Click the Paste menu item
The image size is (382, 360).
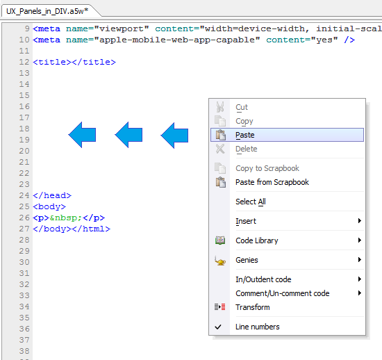click(x=245, y=135)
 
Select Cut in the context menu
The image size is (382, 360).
click(x=242, y=107)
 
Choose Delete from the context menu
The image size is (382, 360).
click(x=247, y=149)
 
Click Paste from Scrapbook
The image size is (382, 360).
click(x=272, y=182)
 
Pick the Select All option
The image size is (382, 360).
click(x=251, y=202)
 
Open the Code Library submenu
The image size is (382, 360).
click(x=257, y=240)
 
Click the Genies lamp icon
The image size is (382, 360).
click(x=220, y=261)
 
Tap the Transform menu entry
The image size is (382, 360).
click(x=253, y=307)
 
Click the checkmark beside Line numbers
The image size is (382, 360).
click(x=218, y=327)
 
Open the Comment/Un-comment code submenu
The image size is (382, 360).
click(x=283, y=293)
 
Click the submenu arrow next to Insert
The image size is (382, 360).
click(x=360, y=221)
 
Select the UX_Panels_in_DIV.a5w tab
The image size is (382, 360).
click(x=47, y=11)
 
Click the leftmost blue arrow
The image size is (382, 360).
click(x=82, y=135)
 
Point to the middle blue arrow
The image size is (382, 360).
click(x=128, y=135)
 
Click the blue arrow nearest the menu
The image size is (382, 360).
click(x=174, y=136)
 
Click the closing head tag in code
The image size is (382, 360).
click(x=52, y=195)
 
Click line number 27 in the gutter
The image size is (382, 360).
click(x=24, y=229)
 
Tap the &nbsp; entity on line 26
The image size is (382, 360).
click(x=66, y=218)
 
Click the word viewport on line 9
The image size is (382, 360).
click(x=122, y=29)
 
